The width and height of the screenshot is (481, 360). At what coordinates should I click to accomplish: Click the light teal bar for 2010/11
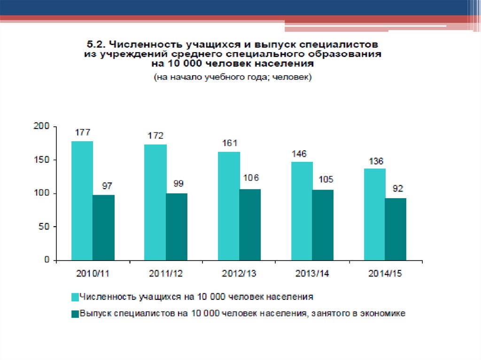(x=82, y=200)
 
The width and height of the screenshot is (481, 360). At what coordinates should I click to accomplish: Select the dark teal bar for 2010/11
(x=103, y=228)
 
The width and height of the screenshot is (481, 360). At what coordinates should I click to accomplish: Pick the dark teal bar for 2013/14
(x=322, y=225)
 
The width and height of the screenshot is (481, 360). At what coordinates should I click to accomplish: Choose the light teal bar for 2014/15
(x=374, y=214)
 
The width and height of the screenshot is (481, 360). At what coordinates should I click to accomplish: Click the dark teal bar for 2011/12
(x=177, y=227)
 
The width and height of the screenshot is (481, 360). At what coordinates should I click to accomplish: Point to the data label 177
(x=82, y=132)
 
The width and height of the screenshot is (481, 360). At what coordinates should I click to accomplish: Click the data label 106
(x=250, y=178)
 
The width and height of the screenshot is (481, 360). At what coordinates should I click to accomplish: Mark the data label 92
(x=396, y=189)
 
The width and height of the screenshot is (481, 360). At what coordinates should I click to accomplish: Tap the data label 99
(x=177, y=184)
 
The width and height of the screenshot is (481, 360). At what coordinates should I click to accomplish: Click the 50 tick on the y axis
(x=45, y=227)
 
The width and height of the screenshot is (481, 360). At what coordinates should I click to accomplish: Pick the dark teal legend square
(x=75, y=314)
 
